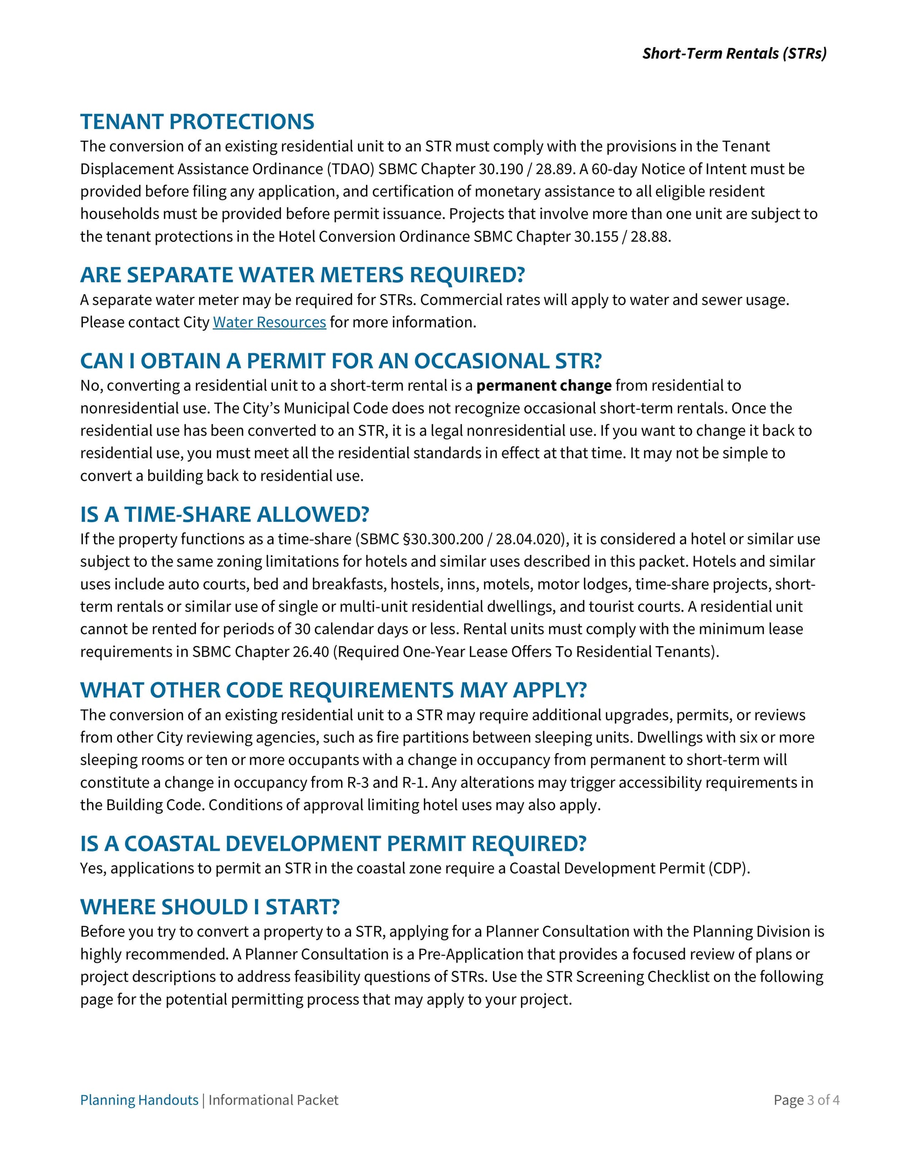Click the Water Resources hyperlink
(x=269, y=322)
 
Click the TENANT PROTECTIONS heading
(x=197, y=122)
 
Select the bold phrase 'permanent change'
(x=544, y=386)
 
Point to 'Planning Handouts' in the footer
(x=139, y=1100)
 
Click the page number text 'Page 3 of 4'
(x=806, y=1100)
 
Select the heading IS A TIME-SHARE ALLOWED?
(x=224, y=514)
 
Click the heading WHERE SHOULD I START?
(x=210, y=906)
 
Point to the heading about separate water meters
(x=302, y=275)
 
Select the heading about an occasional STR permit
(x=341, y=361)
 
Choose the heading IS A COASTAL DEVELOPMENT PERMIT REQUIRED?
(x=333, y=844)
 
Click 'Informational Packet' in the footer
(x=273, y=1100)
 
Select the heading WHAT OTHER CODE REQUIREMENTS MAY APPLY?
(x=333, y=690)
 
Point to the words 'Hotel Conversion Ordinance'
(x=395, y=237)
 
